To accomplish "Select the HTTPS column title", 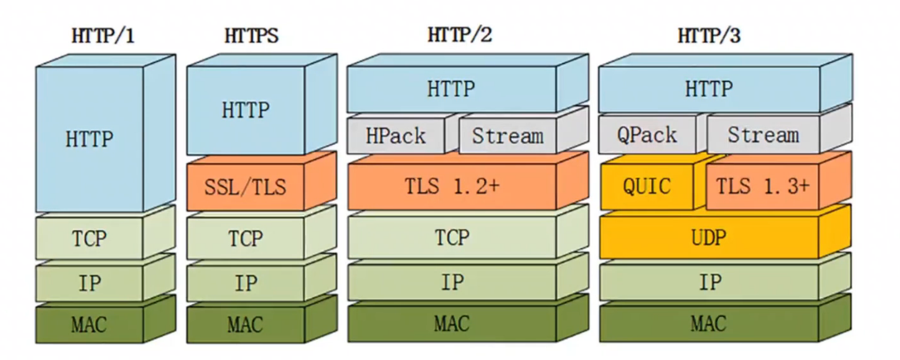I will (251, 36).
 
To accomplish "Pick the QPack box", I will (647, 135).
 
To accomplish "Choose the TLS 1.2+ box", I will (451, 186).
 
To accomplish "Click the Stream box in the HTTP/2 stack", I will (507, 135).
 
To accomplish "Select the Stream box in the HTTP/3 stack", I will (763, 135).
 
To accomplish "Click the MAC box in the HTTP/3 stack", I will (710, 323).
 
